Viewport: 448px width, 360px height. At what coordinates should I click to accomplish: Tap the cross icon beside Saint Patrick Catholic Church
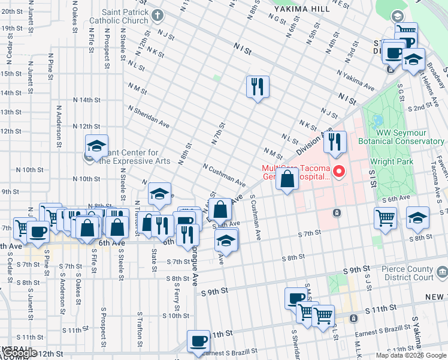point(158,15)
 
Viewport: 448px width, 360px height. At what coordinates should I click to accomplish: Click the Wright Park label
point(390,161)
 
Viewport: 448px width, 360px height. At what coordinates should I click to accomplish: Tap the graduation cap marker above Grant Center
point(96,145)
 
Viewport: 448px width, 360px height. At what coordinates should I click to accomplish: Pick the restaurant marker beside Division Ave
point(335,142)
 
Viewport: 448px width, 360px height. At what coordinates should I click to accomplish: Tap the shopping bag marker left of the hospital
point(287,179)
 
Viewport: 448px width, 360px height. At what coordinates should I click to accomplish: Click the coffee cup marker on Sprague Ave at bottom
point(198,341)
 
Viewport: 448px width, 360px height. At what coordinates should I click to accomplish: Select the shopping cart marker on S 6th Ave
point(385,218)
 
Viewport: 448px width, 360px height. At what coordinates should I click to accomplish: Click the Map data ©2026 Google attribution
point(411,355)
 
